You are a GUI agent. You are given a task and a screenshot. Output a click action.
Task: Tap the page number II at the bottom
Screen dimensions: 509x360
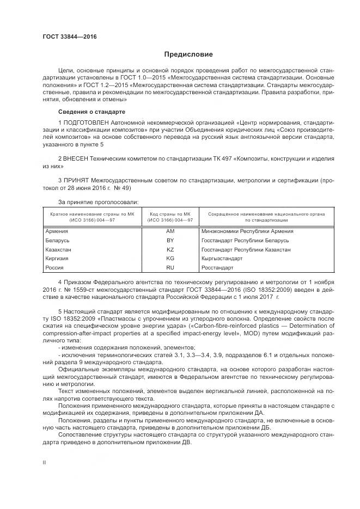tap(44, 462)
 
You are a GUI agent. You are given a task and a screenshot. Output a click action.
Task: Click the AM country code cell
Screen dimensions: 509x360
tap(169, 231)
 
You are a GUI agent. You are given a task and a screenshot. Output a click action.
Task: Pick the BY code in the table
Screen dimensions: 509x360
tap(169, 240)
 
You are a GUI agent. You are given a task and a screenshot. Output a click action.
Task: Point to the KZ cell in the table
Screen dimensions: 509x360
tap(169, 249)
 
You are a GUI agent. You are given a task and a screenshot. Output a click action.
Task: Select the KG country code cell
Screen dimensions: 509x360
tap(169, 259)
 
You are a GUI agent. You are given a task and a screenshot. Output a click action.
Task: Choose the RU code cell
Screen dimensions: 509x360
tap(169, 268)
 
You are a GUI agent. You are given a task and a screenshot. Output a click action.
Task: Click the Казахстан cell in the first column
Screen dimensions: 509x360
tap(59, 249)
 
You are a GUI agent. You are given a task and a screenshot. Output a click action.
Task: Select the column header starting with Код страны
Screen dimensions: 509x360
tap(169, 217)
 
